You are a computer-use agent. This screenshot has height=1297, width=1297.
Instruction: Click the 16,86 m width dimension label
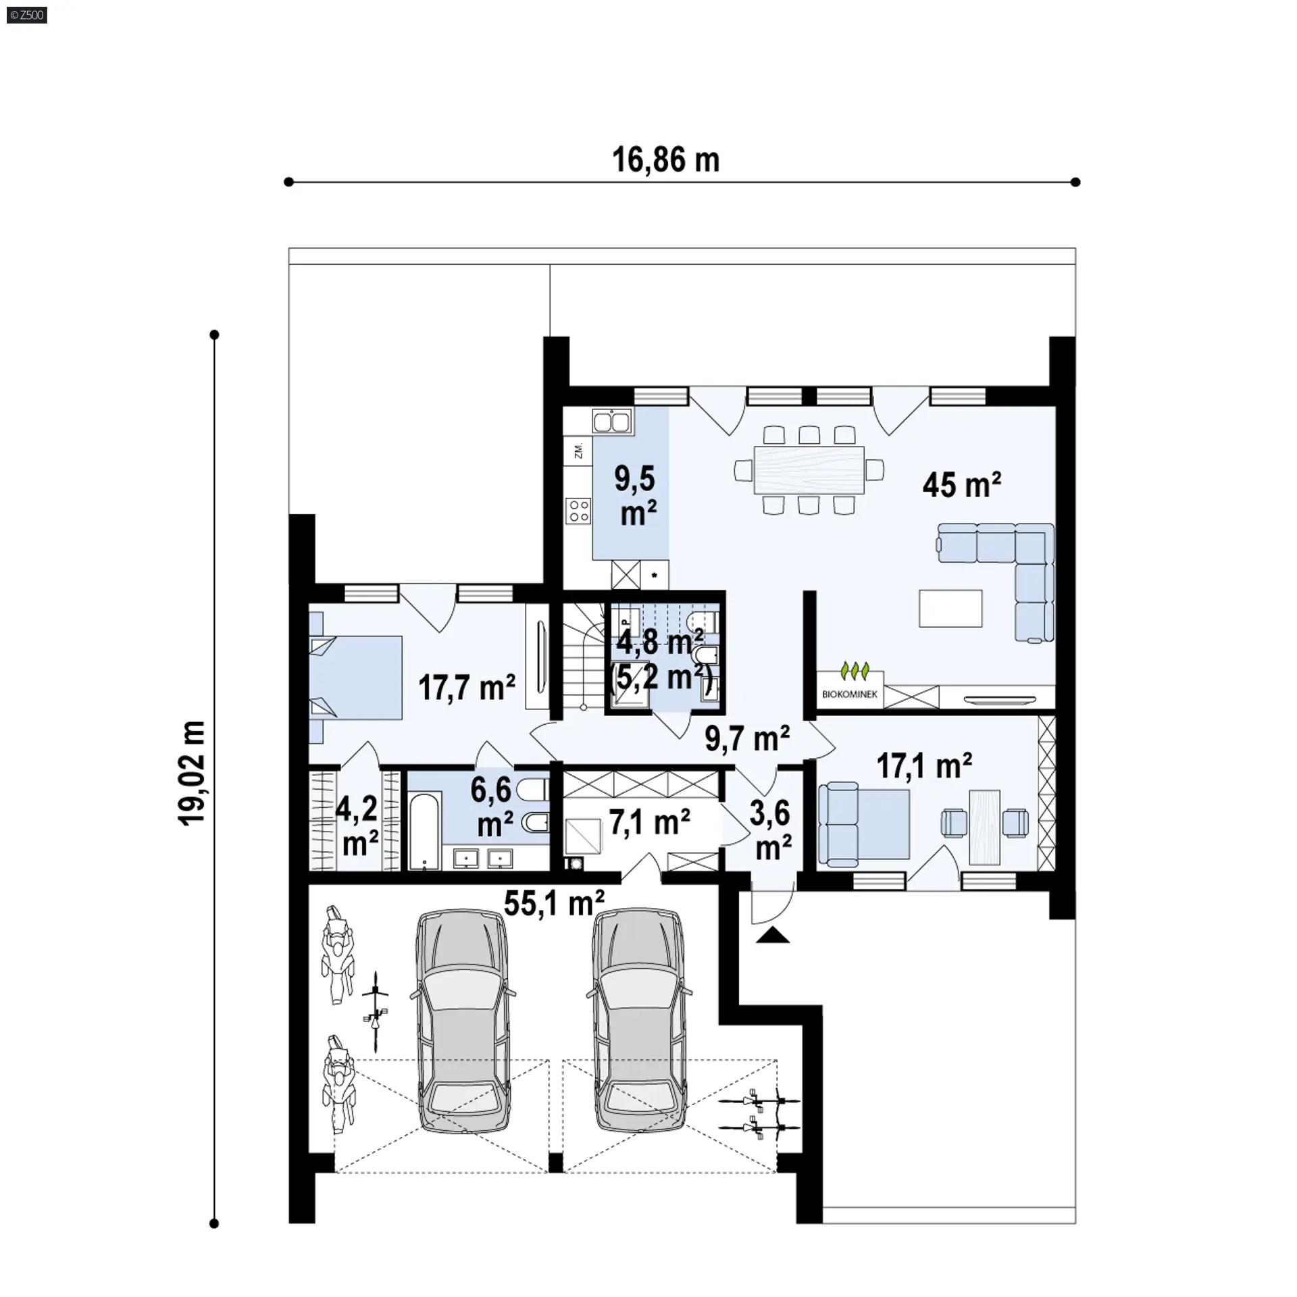pos(666,161)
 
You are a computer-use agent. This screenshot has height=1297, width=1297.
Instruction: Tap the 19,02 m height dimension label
pos(193,773)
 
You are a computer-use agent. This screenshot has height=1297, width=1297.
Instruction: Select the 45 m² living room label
pos(961,484)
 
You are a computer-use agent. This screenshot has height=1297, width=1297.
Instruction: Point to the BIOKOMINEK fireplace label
pos(850,694)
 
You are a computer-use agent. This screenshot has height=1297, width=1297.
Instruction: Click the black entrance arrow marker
pos(773,935)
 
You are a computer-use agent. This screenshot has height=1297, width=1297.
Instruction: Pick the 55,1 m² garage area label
pos(554,902)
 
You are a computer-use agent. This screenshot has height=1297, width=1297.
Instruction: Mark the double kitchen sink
pos(613,422)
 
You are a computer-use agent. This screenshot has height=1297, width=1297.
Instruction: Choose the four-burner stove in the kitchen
pos(579,511)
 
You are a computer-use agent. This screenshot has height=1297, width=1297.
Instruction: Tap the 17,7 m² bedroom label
pos(467,688)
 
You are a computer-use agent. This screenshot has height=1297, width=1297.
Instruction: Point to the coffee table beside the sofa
pos(950,609)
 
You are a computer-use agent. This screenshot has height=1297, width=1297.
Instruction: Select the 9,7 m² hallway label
pos(748,738)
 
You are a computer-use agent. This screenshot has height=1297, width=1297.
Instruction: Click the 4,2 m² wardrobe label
pos(359,826)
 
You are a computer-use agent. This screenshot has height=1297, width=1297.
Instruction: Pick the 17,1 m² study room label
pos(925,766)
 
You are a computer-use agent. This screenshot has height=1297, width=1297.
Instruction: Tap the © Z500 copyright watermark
pos(27,14)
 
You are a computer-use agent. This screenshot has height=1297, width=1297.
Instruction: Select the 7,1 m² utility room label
pos(650,823)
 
